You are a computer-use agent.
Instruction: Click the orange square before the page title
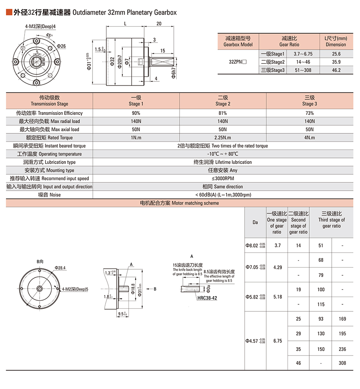tap(9, 12)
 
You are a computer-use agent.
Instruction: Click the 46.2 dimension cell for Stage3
tap(336, 70)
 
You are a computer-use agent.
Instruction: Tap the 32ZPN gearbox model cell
tap(238, 62)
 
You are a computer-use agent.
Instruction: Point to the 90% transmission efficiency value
tap(136, 113)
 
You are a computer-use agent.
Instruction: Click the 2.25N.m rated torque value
tap(223, 137)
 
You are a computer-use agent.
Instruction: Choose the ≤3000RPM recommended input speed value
tap(223, 178)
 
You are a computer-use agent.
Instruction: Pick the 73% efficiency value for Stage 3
tap(310, 113)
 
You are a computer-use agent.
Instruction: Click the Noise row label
tap(49, 195)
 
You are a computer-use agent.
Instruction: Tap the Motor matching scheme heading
tap(180, 203)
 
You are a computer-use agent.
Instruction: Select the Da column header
tap(255, 223)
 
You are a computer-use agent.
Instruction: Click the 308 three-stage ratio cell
tap(342, 363)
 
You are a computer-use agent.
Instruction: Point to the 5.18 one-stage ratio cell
tap(277, 297)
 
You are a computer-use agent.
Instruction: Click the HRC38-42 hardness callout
tap(207, 298)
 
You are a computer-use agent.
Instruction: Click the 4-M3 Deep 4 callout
tap(40, 27)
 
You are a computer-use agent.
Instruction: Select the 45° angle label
tap(49, 35)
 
